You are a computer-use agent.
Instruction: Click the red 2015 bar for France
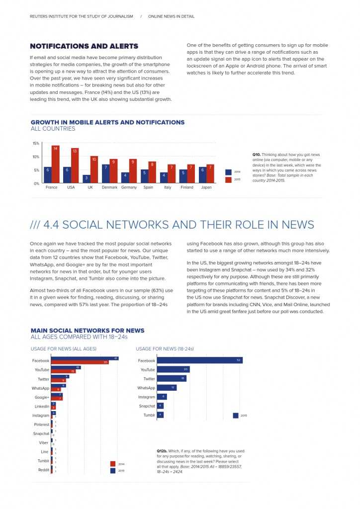[x=56, y=165]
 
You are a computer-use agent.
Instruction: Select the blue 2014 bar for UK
[x=87, y=179]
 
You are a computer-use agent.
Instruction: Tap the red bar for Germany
[x=133, y=171]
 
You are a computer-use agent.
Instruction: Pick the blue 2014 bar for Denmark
[x=106, y=174]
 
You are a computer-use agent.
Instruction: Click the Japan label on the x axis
[x=206, y=187]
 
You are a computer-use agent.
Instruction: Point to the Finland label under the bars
[x=187, y=187]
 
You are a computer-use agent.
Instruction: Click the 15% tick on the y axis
[x=36, y=143]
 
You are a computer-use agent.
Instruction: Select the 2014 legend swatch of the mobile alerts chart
[x=228, y=172]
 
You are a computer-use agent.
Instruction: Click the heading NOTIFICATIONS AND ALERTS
[x=84, y=46]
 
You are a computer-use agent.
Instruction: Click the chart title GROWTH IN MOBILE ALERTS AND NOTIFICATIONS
[x=107, y=122]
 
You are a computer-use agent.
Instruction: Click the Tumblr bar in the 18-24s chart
[x=160, y=415]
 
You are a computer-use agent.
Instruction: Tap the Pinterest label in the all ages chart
[x=41, y=424]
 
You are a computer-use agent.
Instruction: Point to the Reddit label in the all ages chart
[x=44, y=470]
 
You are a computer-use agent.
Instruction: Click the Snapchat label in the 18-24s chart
[x=147, y=406]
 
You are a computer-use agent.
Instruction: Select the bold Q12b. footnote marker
[x=162, y=451]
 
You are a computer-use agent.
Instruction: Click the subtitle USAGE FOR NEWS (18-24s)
[x=165, y=349]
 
